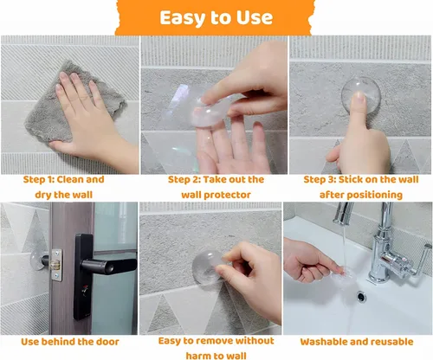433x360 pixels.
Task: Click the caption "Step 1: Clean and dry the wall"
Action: pos(63,187)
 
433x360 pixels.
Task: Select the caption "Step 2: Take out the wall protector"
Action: pos(216,187)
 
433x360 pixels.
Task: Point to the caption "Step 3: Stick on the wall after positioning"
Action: pos(361,187)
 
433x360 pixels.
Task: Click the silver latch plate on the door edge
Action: pos(56,265)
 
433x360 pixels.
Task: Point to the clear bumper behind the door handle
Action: pos(36,260)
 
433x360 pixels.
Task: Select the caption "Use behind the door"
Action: pos(70,342)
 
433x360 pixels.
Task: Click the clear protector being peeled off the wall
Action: pos(208,267)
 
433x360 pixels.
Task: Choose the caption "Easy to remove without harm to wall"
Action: pos(216,348)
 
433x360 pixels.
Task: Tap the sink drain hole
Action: pos(361,297)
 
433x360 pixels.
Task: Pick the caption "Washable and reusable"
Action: pos(357,342)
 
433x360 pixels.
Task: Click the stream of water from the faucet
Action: pos(345,245)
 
